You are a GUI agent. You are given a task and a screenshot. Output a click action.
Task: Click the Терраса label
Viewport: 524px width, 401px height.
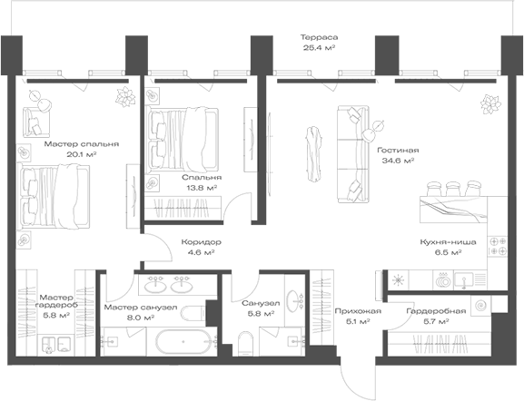319,37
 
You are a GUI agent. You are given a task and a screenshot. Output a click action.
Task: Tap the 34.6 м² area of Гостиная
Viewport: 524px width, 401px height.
398,161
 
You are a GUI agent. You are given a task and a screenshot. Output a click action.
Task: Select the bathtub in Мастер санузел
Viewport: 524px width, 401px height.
183,341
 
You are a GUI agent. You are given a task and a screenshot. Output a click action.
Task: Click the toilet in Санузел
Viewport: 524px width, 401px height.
246,344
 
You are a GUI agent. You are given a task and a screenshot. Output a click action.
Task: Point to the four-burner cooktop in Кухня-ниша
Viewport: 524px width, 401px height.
498,246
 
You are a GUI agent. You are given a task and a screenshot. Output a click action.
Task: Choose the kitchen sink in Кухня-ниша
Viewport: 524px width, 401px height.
464,280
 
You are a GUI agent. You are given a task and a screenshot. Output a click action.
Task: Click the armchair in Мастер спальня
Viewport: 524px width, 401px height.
36,122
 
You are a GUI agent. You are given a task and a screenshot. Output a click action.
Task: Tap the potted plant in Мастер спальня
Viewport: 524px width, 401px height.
125,97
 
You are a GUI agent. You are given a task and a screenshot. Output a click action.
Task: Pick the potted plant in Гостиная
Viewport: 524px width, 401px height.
491,104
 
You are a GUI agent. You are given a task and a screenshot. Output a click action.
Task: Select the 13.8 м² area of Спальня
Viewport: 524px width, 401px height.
202,188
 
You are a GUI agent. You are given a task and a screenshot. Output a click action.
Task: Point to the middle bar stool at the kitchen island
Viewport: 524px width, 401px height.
453,189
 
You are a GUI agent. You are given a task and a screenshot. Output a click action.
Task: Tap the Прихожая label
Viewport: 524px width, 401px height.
358,311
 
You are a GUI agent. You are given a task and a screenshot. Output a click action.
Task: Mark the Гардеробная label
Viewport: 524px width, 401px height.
436,311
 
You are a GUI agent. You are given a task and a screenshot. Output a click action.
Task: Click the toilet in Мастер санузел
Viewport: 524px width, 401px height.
193,314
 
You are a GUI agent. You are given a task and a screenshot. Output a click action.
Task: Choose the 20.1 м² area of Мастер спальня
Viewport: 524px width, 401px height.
82,154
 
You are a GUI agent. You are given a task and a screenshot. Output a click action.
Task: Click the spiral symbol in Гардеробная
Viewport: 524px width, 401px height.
480,305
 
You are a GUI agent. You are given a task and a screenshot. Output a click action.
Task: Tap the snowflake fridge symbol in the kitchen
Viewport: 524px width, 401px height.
398,279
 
